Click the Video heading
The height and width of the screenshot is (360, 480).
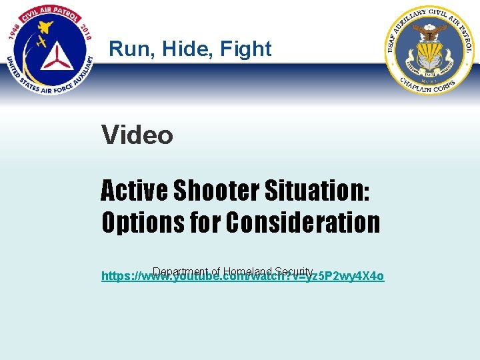click(x=137, y=135)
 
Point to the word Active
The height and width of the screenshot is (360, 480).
click(x=133, y=191)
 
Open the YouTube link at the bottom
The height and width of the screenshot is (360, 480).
click(x=243, y=276)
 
